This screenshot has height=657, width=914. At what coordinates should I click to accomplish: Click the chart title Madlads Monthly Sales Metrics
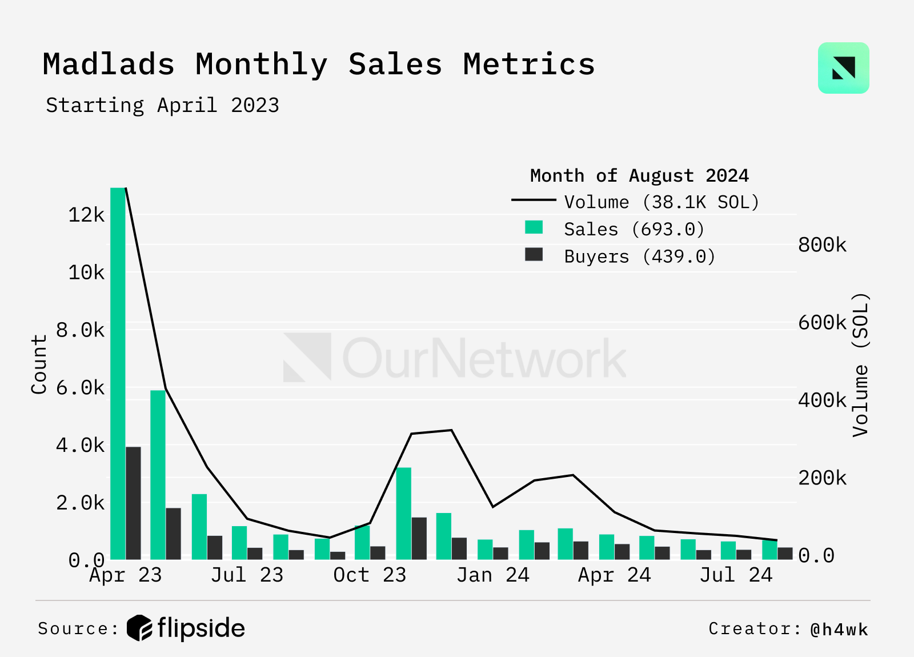click(x=318, y=65)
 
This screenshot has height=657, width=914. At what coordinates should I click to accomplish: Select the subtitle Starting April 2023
click(x=162, y=106)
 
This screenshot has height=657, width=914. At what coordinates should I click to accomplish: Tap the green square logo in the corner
click(x=843, y=68)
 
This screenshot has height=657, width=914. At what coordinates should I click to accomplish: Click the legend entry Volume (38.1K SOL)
click(x=661, y=202)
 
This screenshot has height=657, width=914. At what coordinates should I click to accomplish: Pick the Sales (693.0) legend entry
click(x=634, y=230)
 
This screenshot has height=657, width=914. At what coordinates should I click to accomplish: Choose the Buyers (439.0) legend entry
click(x=639, y=257)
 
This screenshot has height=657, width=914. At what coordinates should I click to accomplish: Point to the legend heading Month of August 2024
click(x=639, y=175)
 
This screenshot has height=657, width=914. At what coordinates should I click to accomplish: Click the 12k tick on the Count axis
click(x=86, y=215)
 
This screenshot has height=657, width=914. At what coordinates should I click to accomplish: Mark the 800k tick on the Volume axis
click(x=822, y=245)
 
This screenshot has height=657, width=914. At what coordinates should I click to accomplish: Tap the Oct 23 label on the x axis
click(x=370, y=575)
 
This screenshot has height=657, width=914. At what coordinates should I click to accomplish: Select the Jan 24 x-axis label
click(x=492, y=575)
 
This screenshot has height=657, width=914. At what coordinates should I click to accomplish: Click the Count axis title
click(x=39, y=364)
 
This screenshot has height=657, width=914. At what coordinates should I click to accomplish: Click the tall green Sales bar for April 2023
click(x=118, y=371)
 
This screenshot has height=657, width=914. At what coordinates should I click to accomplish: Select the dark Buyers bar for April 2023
click(x=133, y=503)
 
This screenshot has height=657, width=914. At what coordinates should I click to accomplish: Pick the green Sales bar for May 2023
click(x=158, y=474)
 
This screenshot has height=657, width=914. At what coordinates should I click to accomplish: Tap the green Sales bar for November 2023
click(x=403, y=513)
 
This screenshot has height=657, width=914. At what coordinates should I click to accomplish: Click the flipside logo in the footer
click(x=186, y=628)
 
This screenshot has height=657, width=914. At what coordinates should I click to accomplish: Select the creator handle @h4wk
click(x=839, y=630)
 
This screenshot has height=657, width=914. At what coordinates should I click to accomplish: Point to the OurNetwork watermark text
click(x=484, y=358)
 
